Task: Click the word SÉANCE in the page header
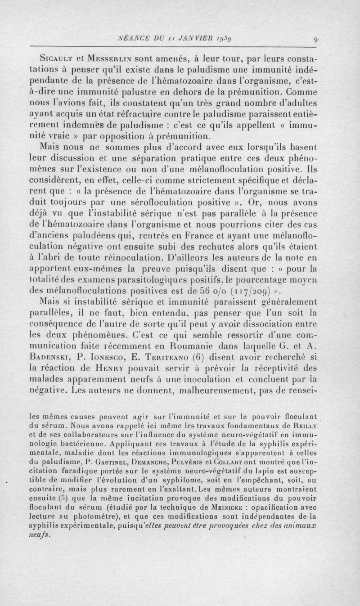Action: [133, 39]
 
